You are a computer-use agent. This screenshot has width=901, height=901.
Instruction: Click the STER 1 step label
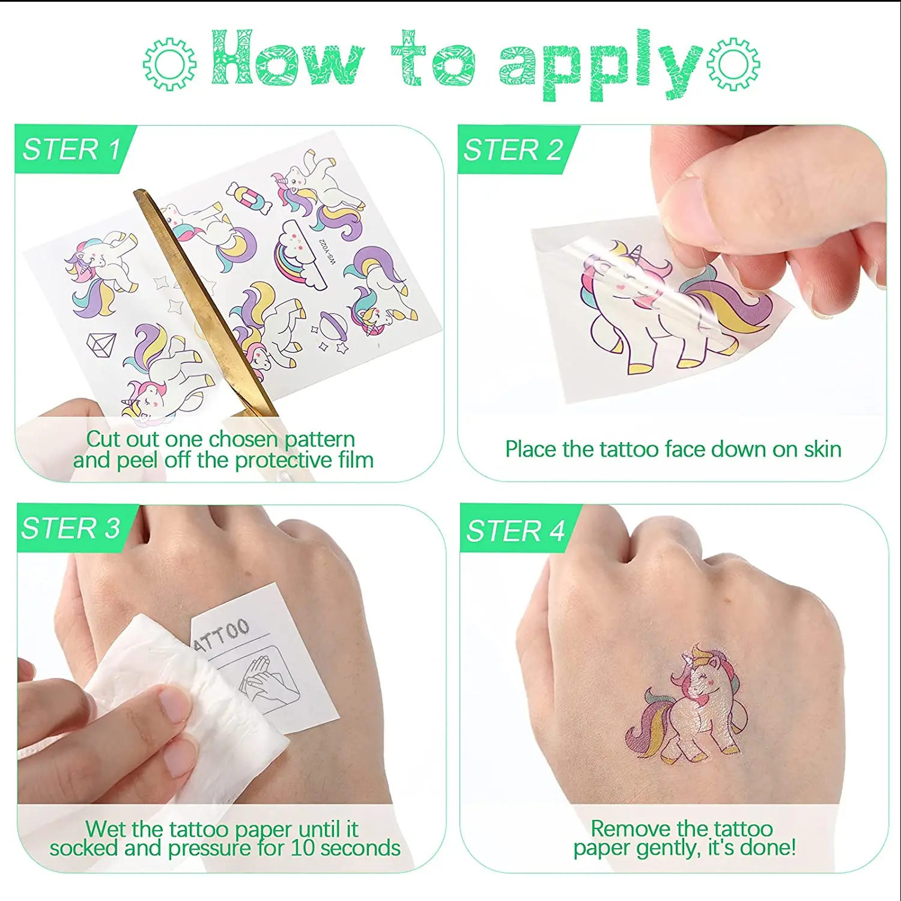[x=71, y=149]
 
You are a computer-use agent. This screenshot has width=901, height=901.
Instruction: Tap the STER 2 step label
[x=514, y=150]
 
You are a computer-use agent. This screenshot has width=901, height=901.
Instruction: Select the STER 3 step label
[x=71, y=528]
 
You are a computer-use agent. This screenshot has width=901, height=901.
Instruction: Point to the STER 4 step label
[x=515, y=531]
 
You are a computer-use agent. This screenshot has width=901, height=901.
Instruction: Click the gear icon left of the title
[x=169, y=64]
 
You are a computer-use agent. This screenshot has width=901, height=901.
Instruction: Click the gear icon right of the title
[x=733, y=64]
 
